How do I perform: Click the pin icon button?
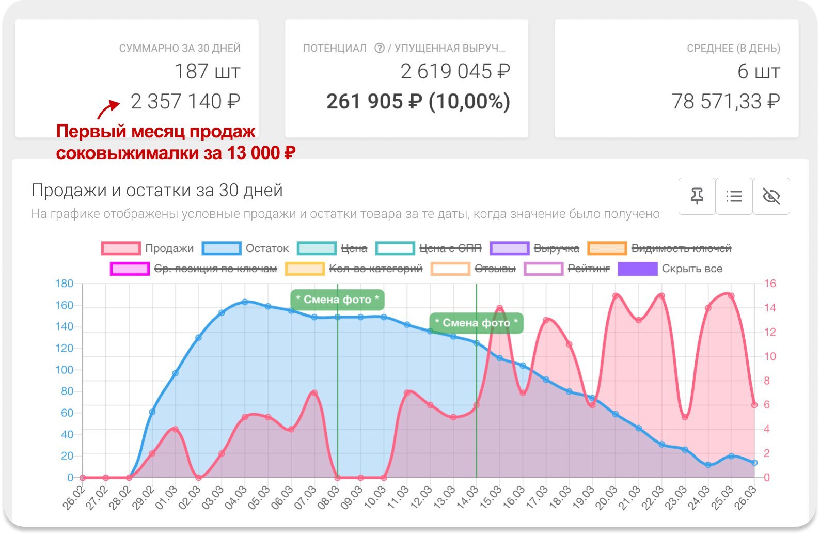(x=697, y=196)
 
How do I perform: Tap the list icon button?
(x=734, y=196)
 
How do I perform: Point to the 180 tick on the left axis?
(x=65, y=284)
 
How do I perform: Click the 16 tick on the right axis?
(x=770, y=284)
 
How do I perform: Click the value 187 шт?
(x=207, y=72)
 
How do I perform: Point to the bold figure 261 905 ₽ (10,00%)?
(x=418, y=102)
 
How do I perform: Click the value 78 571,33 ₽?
(x=726, y=102)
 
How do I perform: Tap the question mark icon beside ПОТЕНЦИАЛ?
(x=380, y=48)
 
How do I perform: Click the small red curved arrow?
(x=107, y=109)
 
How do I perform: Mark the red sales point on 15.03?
(x=499, y=308)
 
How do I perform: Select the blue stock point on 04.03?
(x=245, y=302)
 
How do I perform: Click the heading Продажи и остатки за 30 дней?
(x=157, y=191)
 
